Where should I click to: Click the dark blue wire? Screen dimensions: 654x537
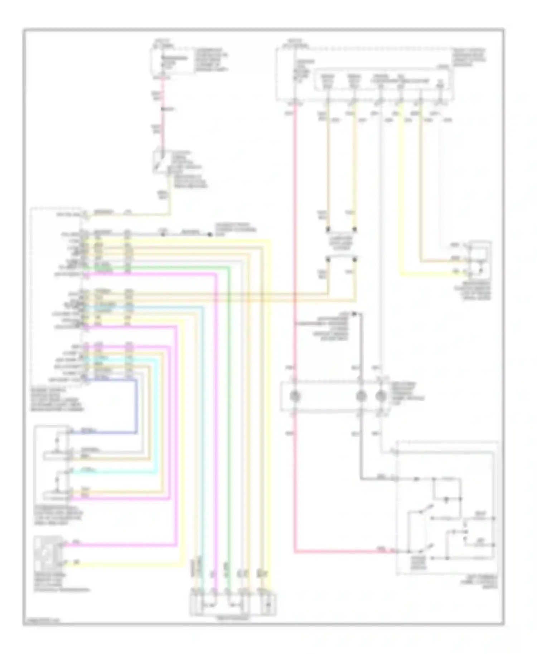coord(136,404)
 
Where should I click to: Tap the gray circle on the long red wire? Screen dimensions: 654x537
coord(295,396)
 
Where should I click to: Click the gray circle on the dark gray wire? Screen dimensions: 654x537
coord(361,396)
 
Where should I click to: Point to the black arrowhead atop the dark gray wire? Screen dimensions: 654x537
coord(354,314)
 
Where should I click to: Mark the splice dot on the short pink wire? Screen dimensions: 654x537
coord(162,109)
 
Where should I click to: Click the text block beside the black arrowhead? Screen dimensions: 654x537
coord(324,326)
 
